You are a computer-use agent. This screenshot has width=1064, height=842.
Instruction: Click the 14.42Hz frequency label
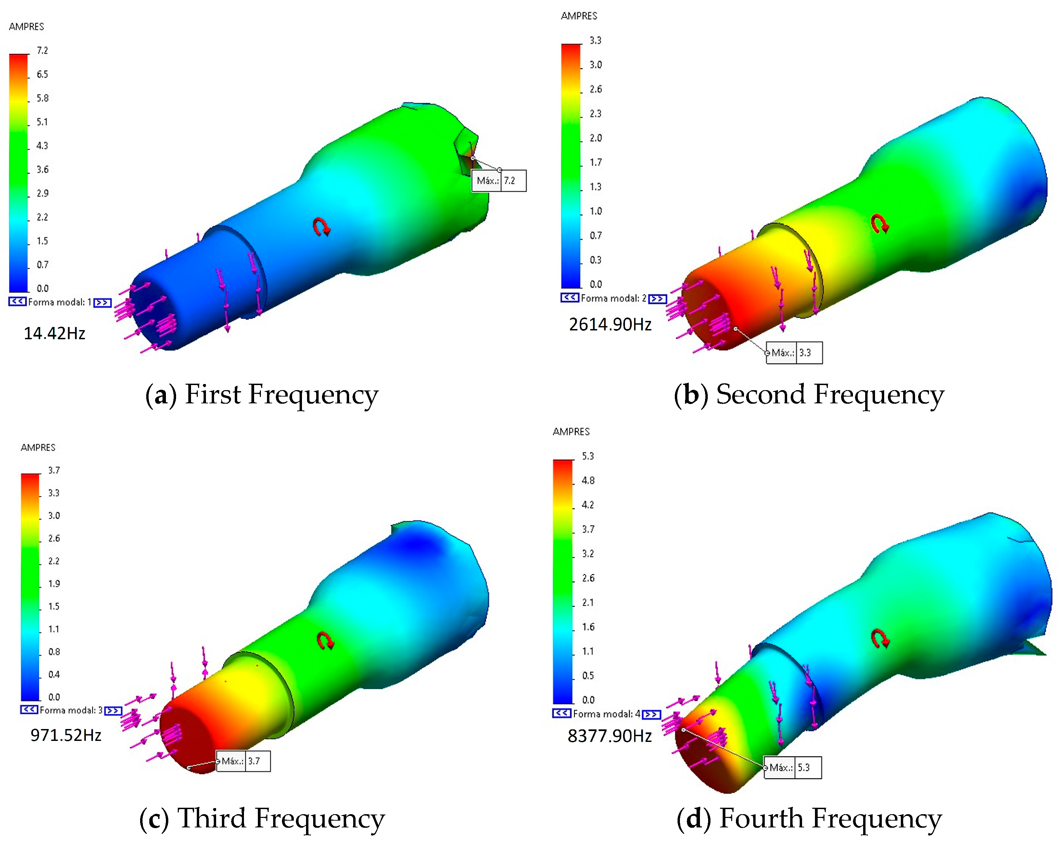pos(54,333)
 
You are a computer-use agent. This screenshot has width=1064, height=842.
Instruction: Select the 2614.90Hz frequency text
pos(610,324)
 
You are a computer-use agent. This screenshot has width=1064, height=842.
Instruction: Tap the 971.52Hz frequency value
pos(66,735)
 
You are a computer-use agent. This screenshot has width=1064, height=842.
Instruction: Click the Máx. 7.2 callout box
pos(499,180)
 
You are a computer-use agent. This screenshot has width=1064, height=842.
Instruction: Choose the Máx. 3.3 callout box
pos(794,352)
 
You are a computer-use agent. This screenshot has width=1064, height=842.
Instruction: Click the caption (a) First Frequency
pos(262,395)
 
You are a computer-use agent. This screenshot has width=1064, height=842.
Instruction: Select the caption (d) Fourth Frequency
pos(809,819)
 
